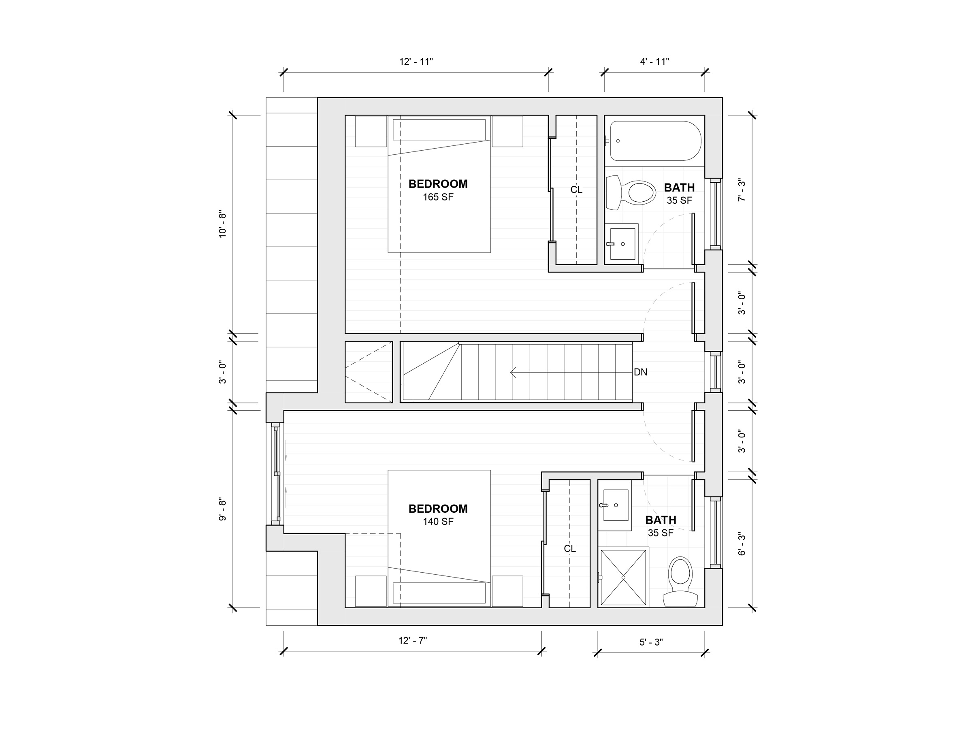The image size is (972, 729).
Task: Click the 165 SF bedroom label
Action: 438,190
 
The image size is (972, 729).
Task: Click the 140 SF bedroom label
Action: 438,515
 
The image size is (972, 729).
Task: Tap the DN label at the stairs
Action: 640,372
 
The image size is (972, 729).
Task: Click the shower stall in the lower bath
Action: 623,578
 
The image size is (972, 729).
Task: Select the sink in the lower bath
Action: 615,505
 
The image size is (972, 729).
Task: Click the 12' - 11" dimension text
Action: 416,62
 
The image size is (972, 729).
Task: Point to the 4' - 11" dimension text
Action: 655,62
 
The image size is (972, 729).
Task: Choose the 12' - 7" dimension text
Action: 413,641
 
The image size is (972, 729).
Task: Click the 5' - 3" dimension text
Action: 651,642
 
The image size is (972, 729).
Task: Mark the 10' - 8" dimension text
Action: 223,225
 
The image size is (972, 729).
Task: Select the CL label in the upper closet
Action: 577,190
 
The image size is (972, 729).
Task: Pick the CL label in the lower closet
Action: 570,549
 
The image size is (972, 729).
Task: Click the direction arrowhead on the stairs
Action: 512,373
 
